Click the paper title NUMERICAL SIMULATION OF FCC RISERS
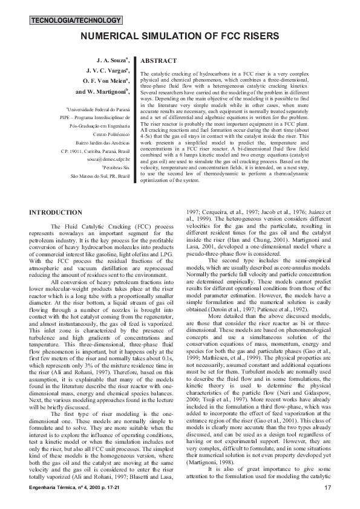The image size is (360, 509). [180, 36]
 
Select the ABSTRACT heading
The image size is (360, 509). [158, 61]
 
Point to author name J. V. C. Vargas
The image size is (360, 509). [110, 71]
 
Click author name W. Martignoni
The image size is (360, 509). [103, 91]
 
